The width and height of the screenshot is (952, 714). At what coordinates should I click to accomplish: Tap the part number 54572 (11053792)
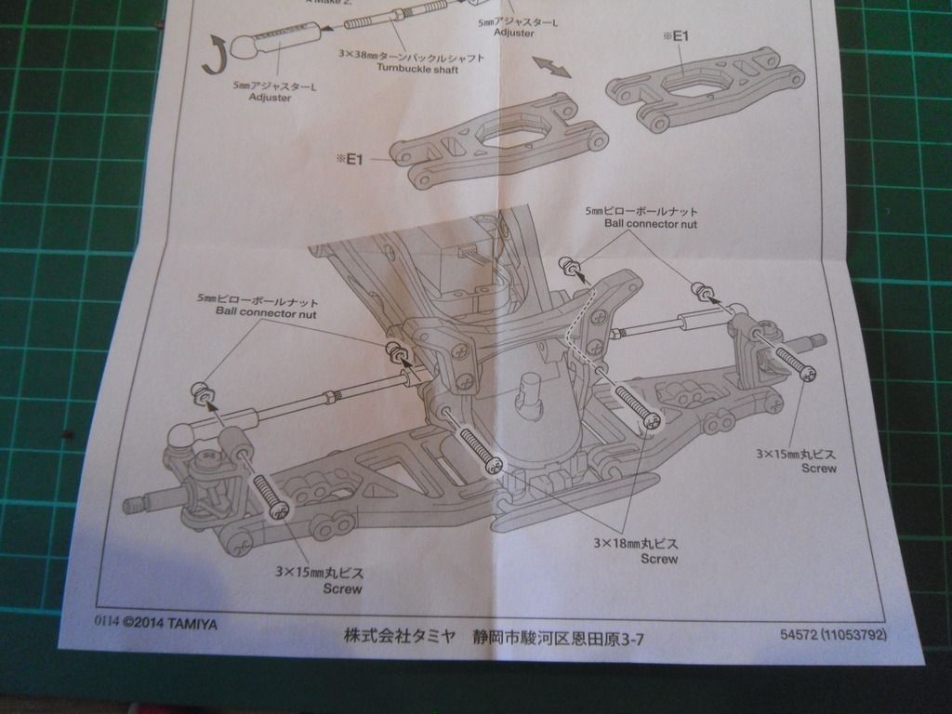834,635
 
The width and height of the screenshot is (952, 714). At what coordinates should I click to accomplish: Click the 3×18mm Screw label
635,550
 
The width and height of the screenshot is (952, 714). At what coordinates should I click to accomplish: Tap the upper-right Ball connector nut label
650,218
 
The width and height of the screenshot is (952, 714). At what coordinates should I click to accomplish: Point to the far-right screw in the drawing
795,363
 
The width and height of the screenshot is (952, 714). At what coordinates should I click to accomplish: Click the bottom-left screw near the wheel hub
267,494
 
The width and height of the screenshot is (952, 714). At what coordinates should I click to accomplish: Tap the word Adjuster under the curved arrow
271,98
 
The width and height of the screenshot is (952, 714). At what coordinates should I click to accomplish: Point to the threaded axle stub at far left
137,505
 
